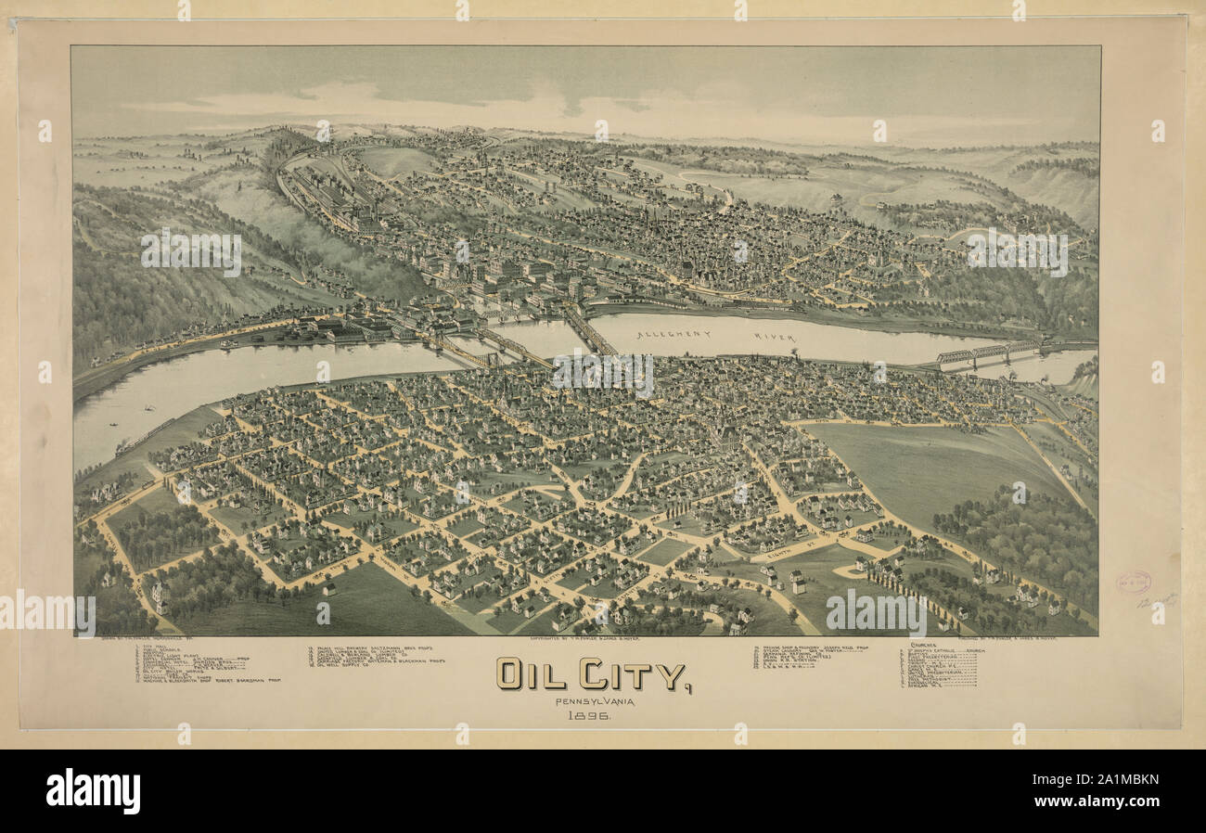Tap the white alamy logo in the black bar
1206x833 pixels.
point(93,790)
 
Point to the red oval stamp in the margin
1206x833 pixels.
point(1133,582)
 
